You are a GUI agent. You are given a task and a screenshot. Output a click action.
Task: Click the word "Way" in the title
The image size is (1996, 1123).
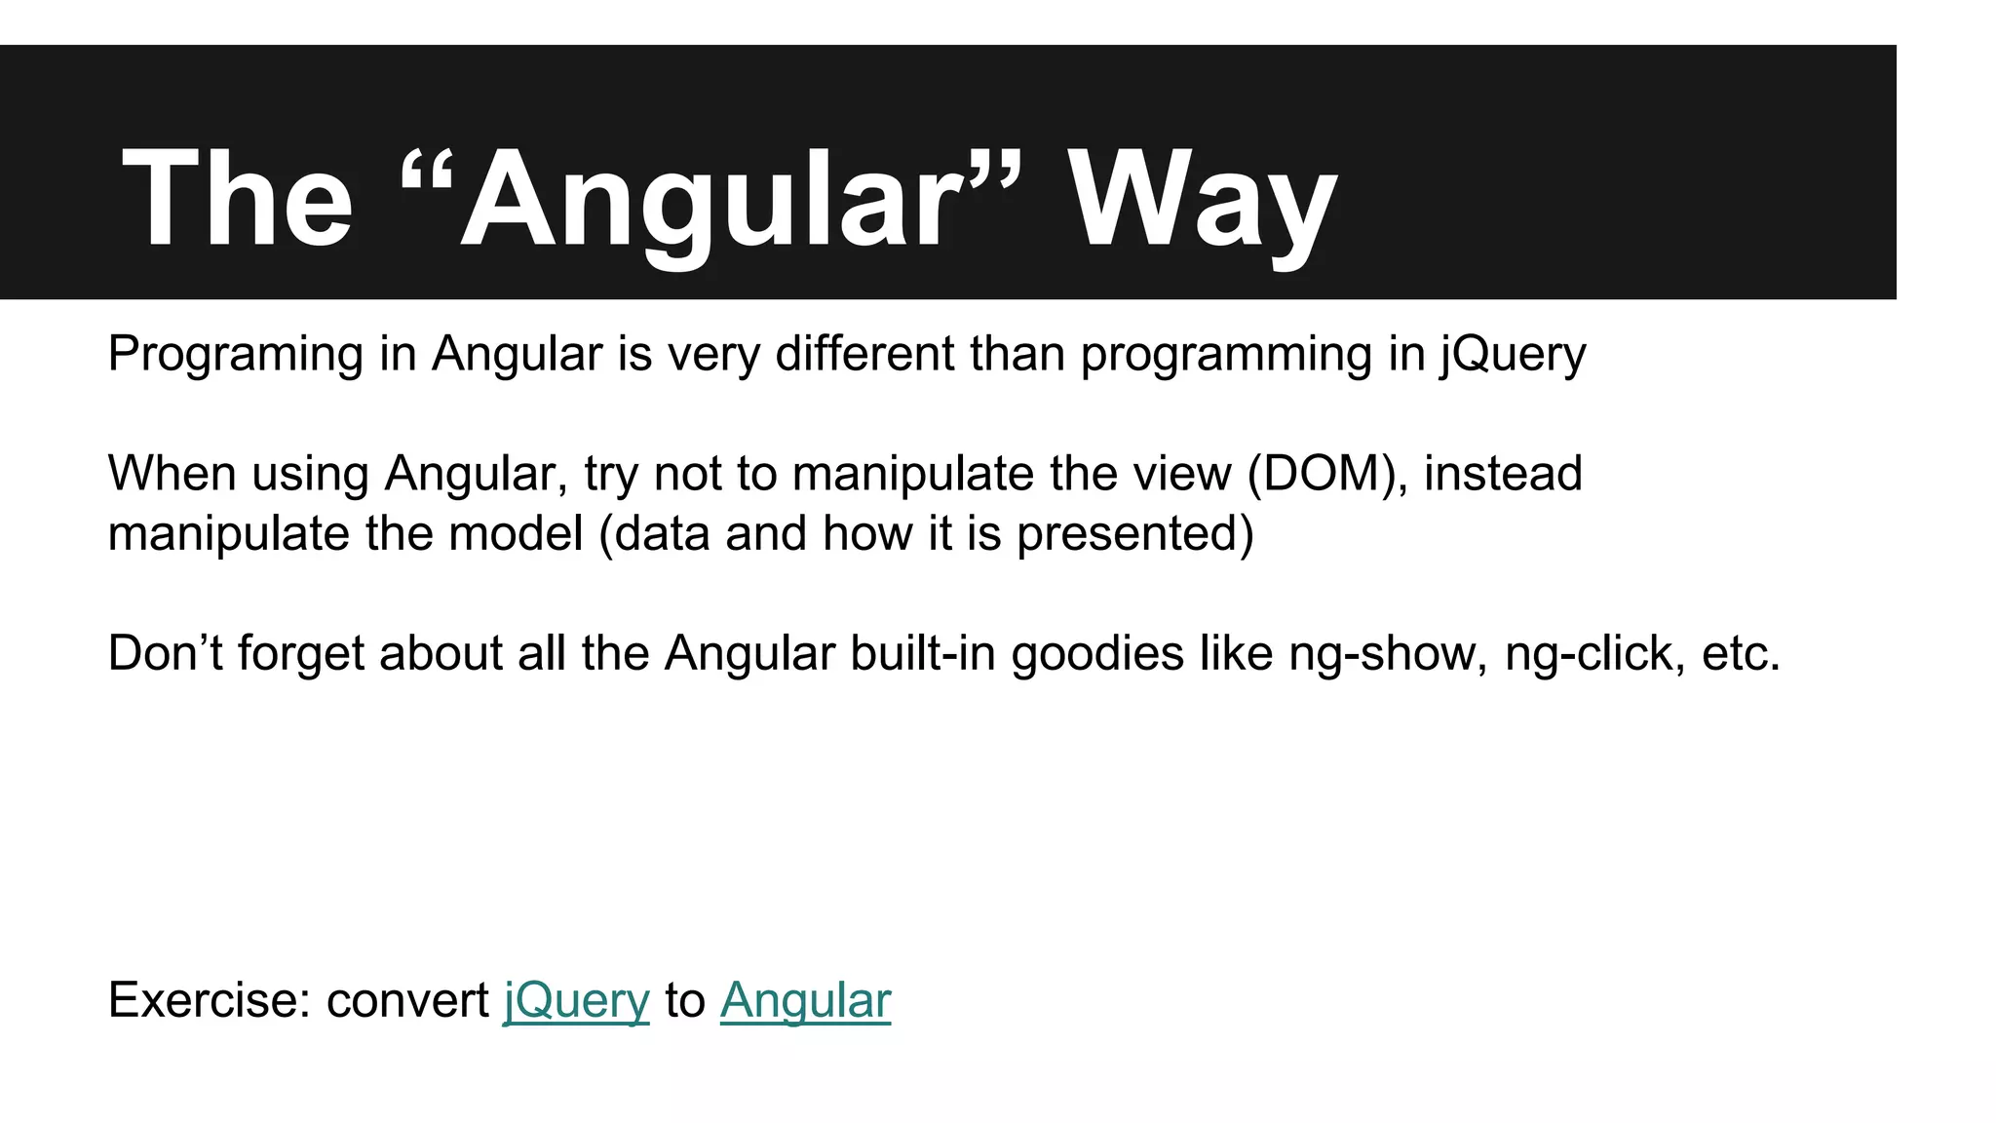[x=1202, y=200]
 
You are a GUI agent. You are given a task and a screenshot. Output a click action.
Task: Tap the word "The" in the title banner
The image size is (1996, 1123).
[x=237, y=200]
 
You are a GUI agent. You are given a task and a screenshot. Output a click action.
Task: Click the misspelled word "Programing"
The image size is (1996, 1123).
[x=235, y=354]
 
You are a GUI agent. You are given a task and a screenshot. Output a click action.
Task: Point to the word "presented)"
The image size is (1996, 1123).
[x=1134, y=534]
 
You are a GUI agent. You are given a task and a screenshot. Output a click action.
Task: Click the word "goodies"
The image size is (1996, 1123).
[x=1097, y=653]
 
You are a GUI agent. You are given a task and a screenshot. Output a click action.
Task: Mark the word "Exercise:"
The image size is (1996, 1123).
[x=209, y=1000]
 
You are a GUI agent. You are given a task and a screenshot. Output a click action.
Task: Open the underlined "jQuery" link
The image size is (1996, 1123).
[x=576, y=1001]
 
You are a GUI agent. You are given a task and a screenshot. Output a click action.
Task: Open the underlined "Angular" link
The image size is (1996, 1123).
[x=805, y=1001]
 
